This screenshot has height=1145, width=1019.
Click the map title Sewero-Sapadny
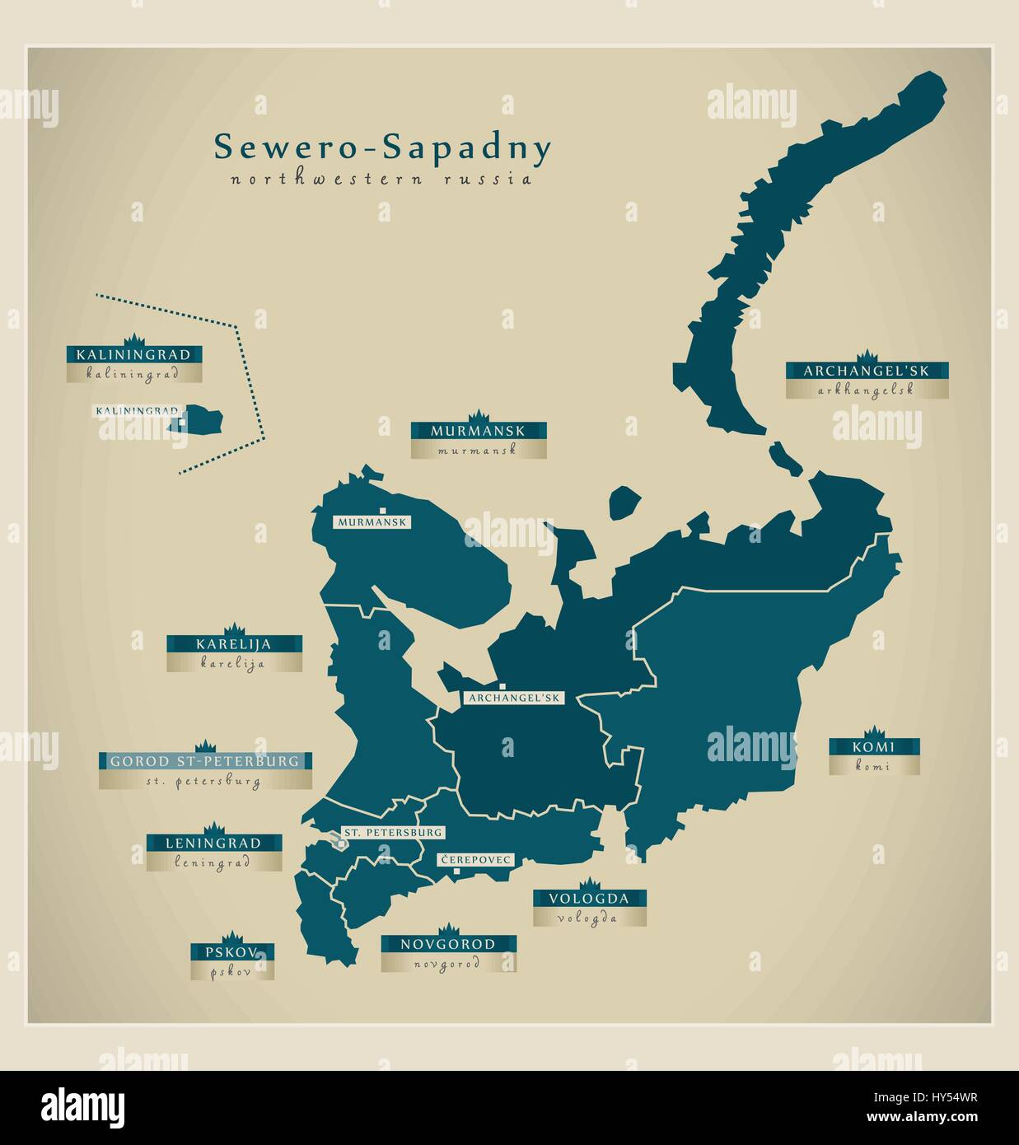pyautogui.click(x=382, y=148)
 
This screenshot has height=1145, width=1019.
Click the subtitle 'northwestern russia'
pyautogui.click(x=381, y=179)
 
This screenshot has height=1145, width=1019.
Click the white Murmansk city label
pyautogui.click(x=372, y=522)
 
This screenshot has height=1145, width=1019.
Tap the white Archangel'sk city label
pyautogui.click(x=513, y=698)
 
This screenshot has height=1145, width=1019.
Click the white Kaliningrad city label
pyautogui.click(x=137, y=410)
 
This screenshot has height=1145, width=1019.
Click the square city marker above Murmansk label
pyautogui.click(x=382, y=510)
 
